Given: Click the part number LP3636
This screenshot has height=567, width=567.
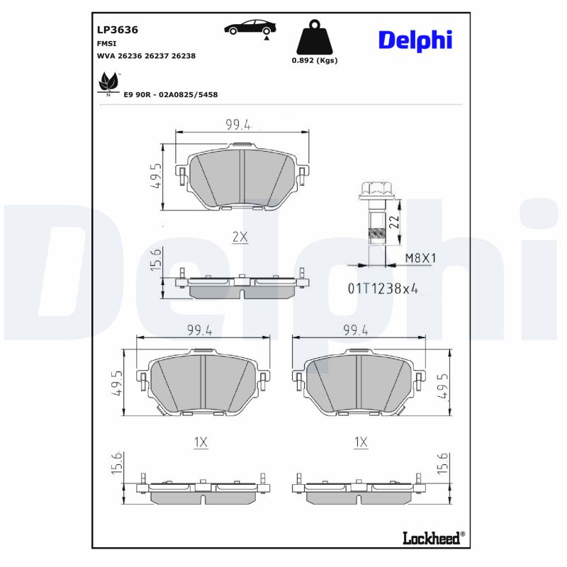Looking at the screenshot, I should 117,30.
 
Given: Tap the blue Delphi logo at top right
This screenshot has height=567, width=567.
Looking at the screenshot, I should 415,40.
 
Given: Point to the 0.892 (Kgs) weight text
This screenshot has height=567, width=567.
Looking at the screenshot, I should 315,60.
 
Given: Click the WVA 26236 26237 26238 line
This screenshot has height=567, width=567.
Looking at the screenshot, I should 146,55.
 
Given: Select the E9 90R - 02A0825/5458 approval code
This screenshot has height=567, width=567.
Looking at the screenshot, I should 170,94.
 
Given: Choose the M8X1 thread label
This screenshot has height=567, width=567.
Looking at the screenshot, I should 420,259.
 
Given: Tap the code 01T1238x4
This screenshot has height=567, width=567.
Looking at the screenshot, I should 382,288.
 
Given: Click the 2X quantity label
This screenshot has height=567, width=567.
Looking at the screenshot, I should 240,237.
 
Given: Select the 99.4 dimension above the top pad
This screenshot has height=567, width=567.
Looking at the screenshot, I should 238,125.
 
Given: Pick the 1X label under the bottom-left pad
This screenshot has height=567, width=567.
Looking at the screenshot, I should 201,442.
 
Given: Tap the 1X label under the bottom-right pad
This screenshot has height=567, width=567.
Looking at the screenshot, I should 361,442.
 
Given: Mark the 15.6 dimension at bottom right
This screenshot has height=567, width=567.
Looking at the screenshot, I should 444,465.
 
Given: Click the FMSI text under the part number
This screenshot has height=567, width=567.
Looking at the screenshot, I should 106,43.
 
